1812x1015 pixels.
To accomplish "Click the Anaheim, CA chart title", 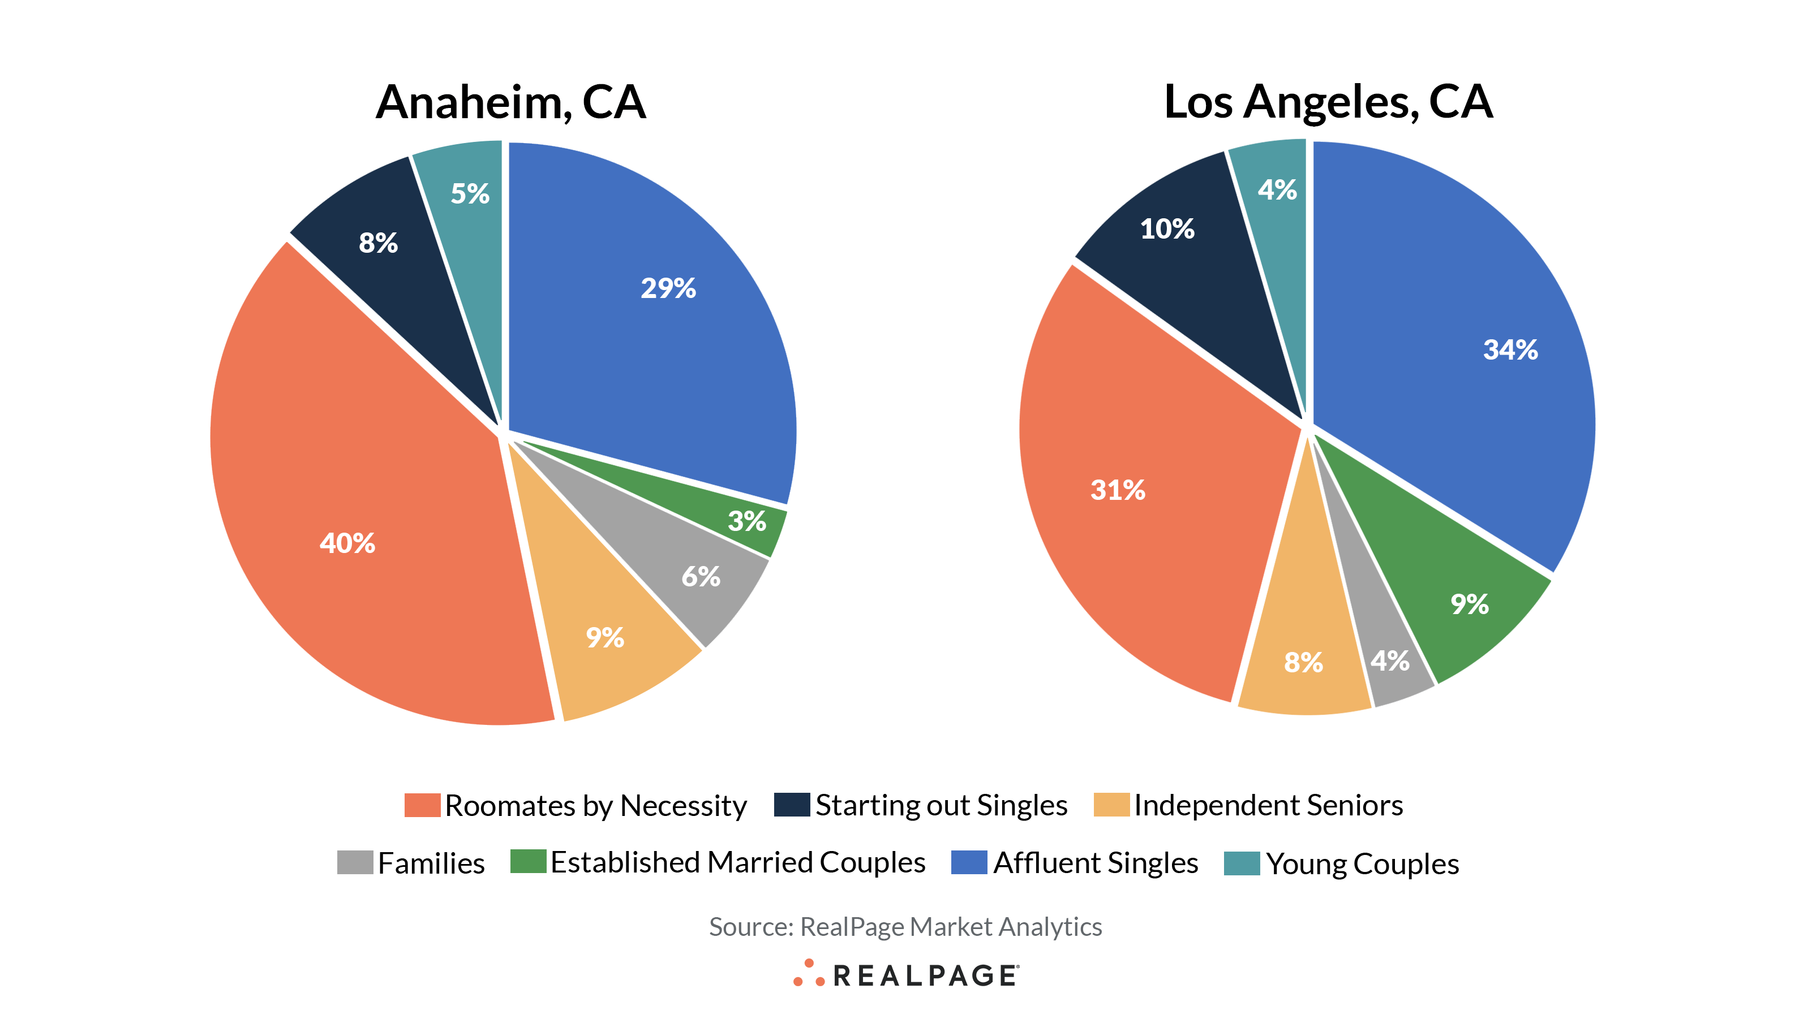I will coord(510,102).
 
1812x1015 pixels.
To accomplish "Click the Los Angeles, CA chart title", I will coord(1328,102).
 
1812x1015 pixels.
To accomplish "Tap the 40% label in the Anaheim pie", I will coord(347,543).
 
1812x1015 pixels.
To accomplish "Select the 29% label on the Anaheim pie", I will coord(668,288).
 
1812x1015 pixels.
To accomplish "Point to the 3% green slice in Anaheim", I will coord(746,521).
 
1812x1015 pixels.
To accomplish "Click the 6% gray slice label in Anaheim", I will coord(701,577).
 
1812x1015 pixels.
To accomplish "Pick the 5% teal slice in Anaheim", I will coord(470,193).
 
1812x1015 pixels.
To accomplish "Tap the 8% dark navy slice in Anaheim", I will coord(379,243).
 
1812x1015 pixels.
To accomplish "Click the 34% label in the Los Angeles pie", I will coord(1510,350).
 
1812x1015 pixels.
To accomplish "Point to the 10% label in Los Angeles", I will coord(1167,229).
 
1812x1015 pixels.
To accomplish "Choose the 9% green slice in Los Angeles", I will coord(1470,604).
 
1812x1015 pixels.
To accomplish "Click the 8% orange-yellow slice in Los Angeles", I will coord(1303,662).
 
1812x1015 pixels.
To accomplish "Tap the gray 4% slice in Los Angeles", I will coord(1390,660).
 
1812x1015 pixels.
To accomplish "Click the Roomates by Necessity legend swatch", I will coord(422,805).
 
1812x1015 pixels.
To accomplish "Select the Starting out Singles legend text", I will coord(941,805).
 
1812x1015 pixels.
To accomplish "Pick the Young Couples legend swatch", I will coord(1242,863).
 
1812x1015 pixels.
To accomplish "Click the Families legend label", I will coord(431,863).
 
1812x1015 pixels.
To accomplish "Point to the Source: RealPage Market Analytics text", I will coord(905,927).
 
